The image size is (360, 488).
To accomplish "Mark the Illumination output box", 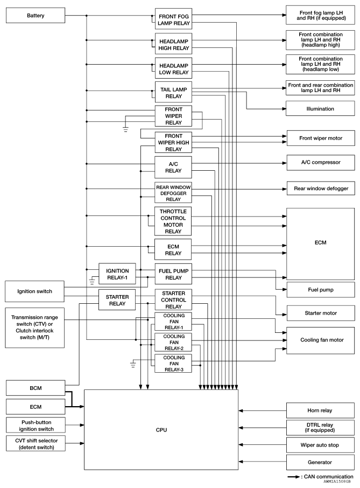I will click(x=320, y=109).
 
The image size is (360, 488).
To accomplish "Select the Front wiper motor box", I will click(x=320, y=138).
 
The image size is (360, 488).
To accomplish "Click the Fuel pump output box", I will click(x=320, y=289).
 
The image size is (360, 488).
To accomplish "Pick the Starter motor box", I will click(x=320, y=312).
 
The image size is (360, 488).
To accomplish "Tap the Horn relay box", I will click(x=320, y=410).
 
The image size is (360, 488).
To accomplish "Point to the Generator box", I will click(x=320, y=462).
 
